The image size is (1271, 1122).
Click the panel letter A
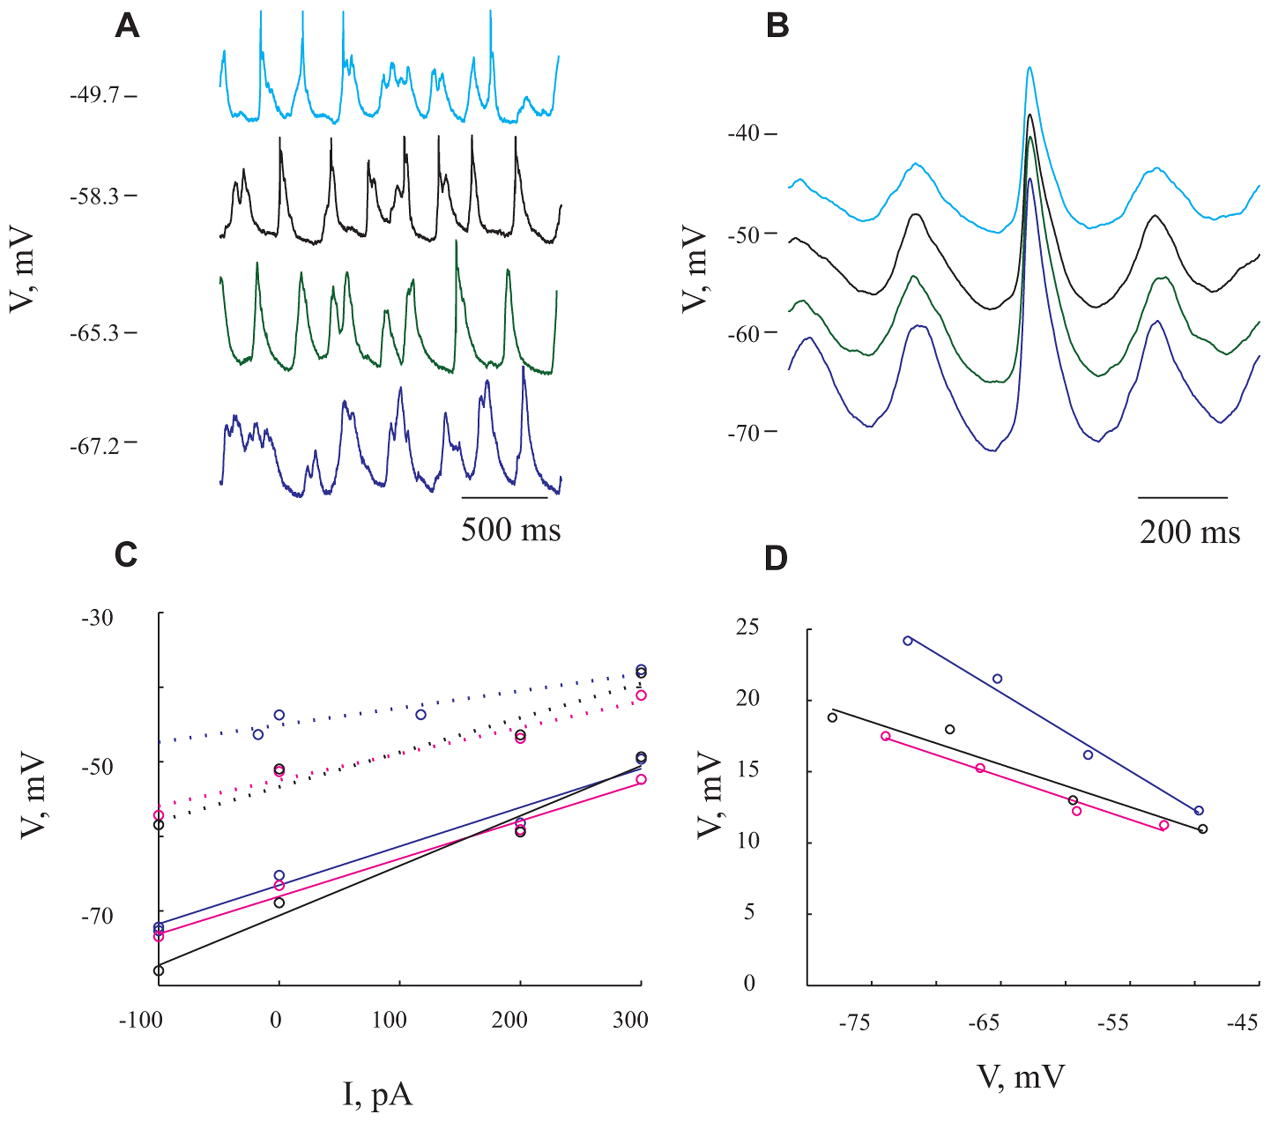pyautogui.click(x=127, y=27)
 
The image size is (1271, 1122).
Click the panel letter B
pyautogui.click(x=777, y=27)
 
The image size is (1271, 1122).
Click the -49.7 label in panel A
pyautogui.click(x=95, y=97)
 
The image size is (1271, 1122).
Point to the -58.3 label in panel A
pyautogui.click(x=95, y=197)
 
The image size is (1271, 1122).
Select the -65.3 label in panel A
pyautogui.click(x=95, y=333)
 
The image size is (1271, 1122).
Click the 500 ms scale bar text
pyautogui.click(x=510, y=530)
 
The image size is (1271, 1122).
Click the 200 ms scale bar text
pyautogui.click(x=1190, y=533)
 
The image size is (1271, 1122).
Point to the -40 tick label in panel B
pyautogui.click(x=744, y=134)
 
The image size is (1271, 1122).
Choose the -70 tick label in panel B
pyautogui.click(x=744, y=432)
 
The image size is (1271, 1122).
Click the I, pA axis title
pyautogui.click(x=377, y=1094)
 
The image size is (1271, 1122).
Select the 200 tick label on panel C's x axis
pyautogui.click(x=509, y=1020)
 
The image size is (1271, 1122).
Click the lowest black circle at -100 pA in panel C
pyautogui.click(x=159, y=970)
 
